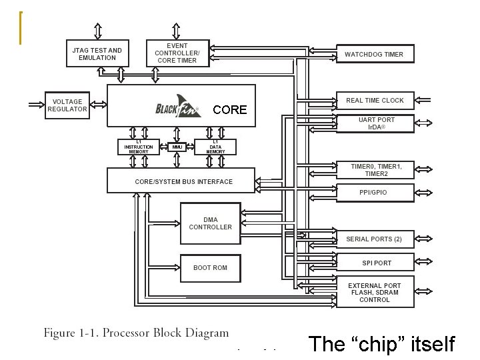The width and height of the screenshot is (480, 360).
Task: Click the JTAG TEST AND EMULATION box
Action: tap(97, 54)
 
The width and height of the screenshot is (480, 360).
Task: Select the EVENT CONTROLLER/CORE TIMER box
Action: tap(177, 53)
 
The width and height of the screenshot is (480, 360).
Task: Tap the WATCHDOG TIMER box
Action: tap(374, 54)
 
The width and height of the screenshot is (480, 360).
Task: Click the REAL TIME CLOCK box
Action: tap(375, 101)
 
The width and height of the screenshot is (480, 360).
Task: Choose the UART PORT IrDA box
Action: tap(377, 123)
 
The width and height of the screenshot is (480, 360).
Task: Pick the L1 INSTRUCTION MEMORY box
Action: tap(139, 147)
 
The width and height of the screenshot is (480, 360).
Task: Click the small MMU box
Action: tap(176, 147)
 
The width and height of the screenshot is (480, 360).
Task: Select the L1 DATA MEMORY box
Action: tap(215, 147)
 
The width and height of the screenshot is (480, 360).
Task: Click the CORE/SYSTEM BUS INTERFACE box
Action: tap(181, 181)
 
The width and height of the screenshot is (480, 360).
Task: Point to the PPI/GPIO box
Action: tap(374, 192)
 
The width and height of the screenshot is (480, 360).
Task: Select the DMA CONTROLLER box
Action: tap(210, 223)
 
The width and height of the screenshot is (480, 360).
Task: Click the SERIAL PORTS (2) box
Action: tap(374, 239)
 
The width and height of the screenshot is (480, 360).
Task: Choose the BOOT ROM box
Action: tap(210, 267)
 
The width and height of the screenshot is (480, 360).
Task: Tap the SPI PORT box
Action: tap(377, 263)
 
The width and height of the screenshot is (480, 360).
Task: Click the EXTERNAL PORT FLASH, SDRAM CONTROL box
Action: tap(375, 293)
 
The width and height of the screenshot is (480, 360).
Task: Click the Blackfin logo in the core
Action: tap(176, 109)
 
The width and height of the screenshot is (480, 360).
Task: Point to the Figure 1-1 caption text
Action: tap(136, 333)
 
